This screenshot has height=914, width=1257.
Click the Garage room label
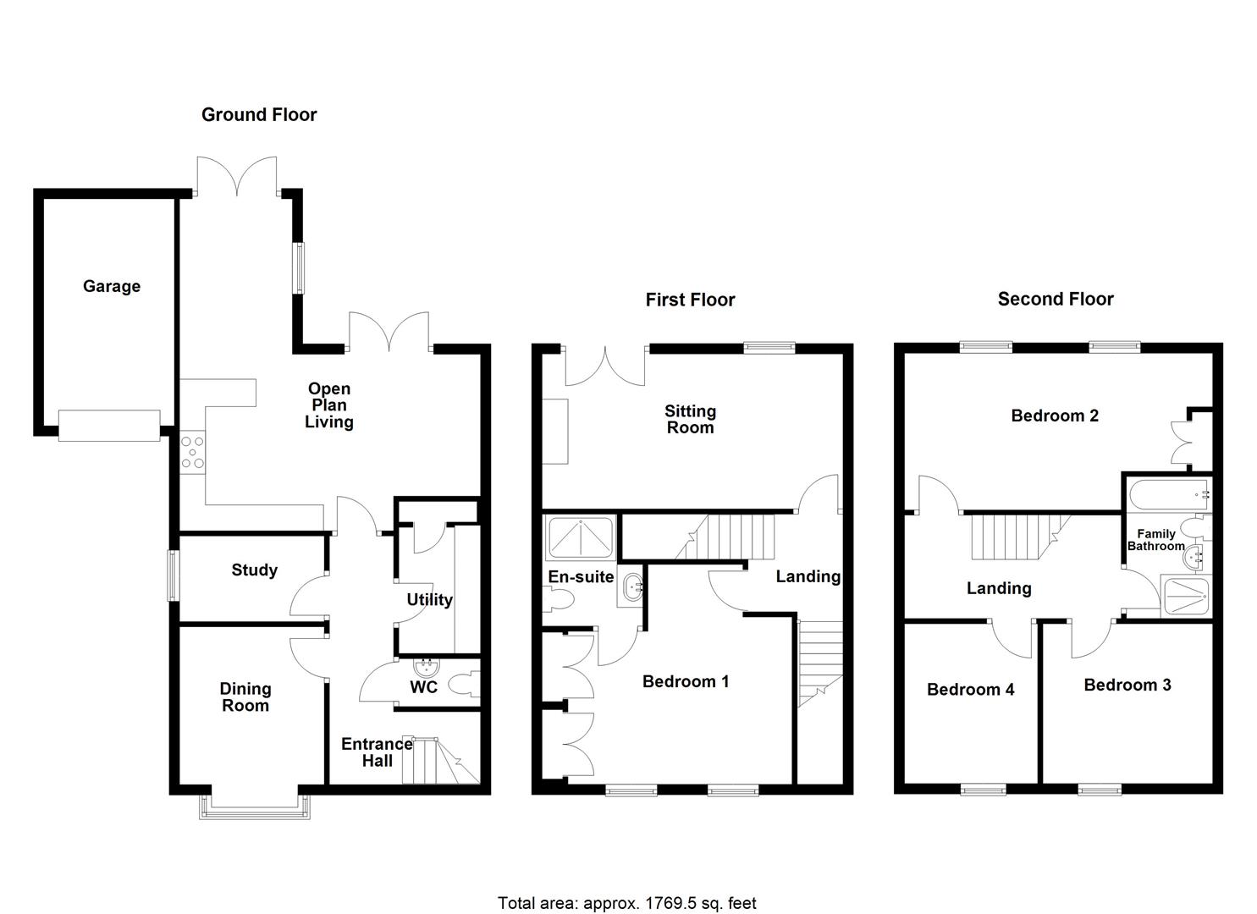point(112,286)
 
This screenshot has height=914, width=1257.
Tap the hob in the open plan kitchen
point(192,451)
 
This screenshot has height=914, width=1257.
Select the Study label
point(254,570)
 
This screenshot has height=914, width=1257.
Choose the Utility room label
point(429,599)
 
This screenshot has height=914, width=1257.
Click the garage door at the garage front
point(109,425)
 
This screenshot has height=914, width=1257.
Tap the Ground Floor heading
point(259,114)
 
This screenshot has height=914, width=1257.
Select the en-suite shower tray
point(581,538)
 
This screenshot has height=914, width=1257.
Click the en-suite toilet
point(559,600)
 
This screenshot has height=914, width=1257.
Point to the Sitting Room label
point(690,419)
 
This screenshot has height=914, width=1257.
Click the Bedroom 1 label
point(686,681)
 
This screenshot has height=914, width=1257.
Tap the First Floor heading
point(690,300)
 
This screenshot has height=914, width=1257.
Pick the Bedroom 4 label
point(970,689)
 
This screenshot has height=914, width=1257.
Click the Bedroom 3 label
point(1127,685)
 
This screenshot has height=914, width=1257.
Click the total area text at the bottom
point(627,903)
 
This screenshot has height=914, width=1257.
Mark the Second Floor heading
point(1056,299)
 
